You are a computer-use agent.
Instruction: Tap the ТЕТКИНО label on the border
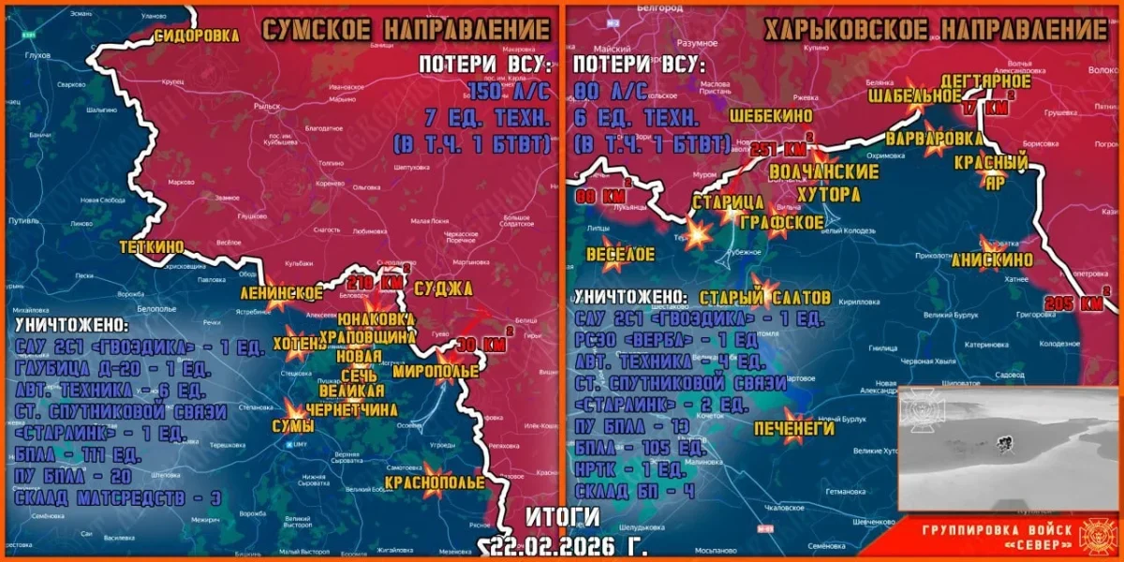pyautogui.click(x=152, y=246)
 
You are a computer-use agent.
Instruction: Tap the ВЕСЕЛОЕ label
pyautogui.click(x=620, y=255)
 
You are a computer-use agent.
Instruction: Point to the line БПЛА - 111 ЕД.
pyautogui.click(x=79, y=456)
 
